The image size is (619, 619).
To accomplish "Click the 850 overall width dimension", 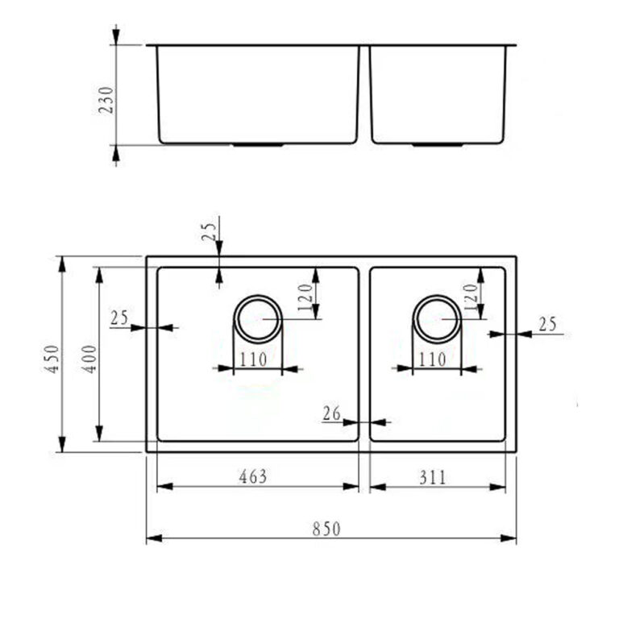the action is point(326,529).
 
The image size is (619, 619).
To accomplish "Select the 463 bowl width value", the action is point(252,476).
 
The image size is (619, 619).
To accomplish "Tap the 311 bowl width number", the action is point(432,477).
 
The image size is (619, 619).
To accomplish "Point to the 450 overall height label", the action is point(52,359).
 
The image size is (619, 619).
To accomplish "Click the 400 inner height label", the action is point(89,359).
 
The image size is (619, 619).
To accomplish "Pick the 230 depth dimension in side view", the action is point(106,100).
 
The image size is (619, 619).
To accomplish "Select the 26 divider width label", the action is point(331,413).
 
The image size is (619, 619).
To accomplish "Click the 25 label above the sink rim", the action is point(210,232).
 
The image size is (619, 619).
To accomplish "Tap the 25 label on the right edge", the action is point(547,324).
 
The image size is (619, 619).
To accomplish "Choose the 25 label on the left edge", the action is point(119,318).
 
